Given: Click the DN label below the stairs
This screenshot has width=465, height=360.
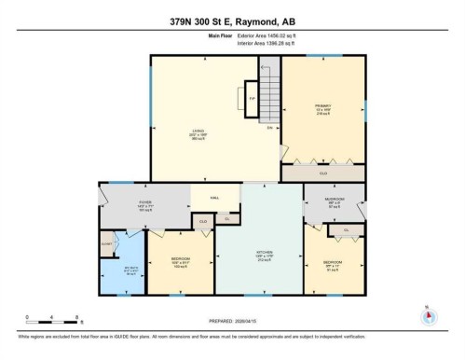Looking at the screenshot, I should (x=269, y=126).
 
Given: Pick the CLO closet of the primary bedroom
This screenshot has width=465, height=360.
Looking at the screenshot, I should (x=323, y=173).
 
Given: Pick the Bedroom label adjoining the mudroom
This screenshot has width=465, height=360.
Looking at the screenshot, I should (x=334, y=264).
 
